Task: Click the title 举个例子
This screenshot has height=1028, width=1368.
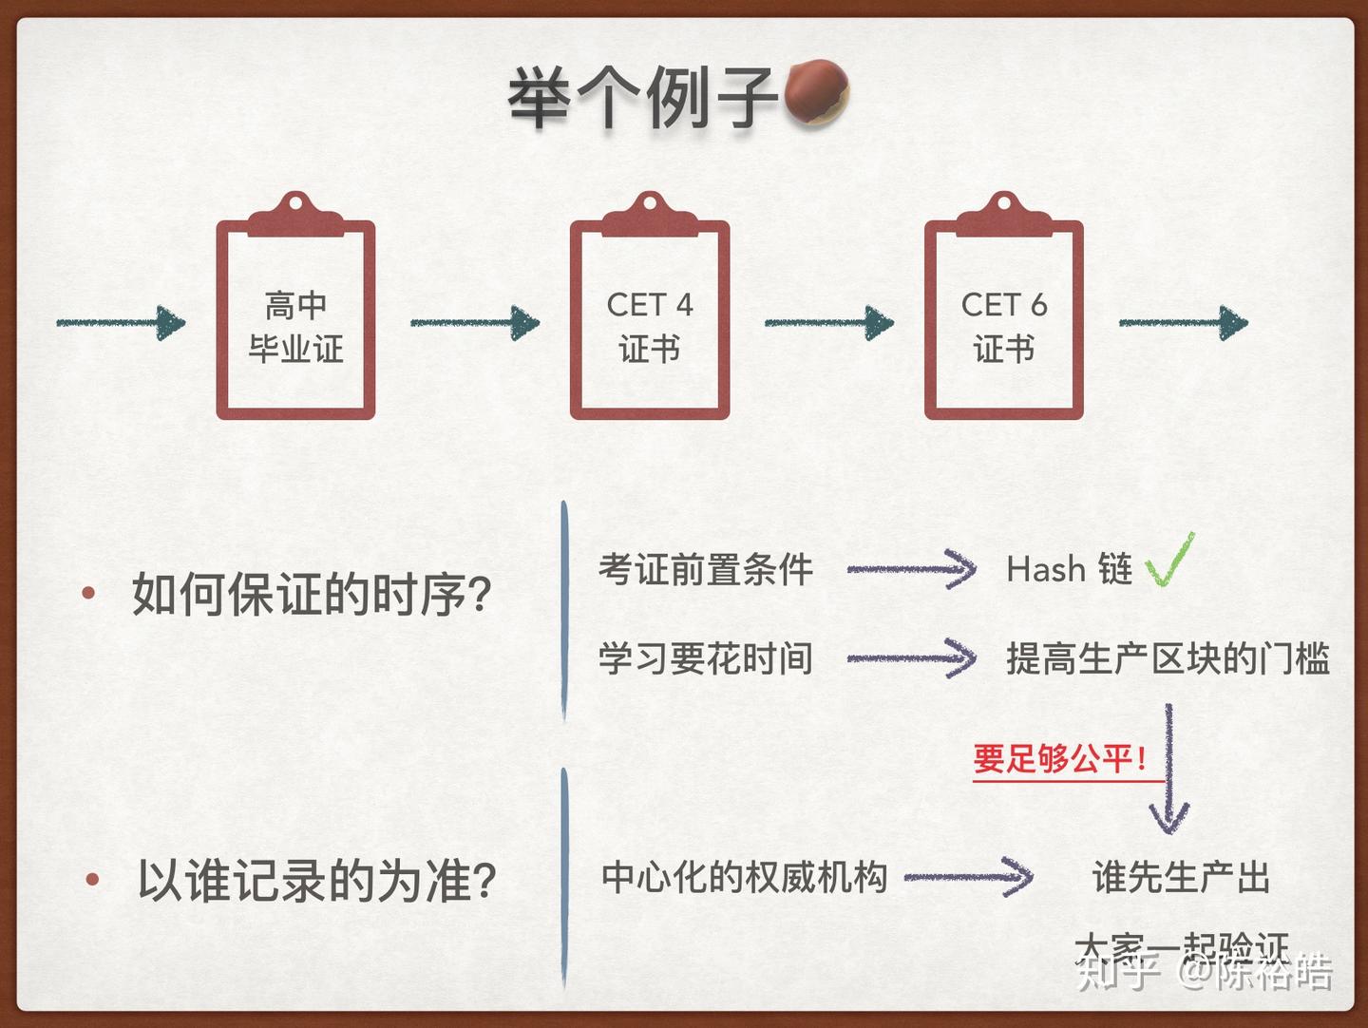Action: (x=642, y=98)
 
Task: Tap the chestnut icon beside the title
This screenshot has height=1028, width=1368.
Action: (x=814, y=94)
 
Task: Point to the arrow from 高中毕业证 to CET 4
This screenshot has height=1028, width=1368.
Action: (x=475, y=323)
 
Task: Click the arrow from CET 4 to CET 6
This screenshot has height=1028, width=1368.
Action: (x=829, y=323)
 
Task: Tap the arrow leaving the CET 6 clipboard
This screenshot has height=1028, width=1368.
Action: (x=1184, y=323)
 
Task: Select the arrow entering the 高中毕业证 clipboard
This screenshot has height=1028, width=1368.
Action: (x=122, y=323)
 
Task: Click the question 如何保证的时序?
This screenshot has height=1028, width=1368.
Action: (x=311, y=596)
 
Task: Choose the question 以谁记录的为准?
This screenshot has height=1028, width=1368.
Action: (x=316, y=881)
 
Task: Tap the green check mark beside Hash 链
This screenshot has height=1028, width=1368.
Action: (x=1169, y=562)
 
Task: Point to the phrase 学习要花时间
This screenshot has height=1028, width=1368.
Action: (x=705, y=658)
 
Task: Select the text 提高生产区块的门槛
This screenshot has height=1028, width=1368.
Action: (x=1168, y=658)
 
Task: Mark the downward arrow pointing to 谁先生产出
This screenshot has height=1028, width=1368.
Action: (x=1168, y=770)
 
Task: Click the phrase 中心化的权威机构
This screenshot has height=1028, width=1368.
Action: (x=744, y=877)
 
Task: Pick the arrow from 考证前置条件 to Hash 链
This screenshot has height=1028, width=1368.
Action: (x=911, y=570)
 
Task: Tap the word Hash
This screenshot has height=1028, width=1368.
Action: (x=1046, y=570)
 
